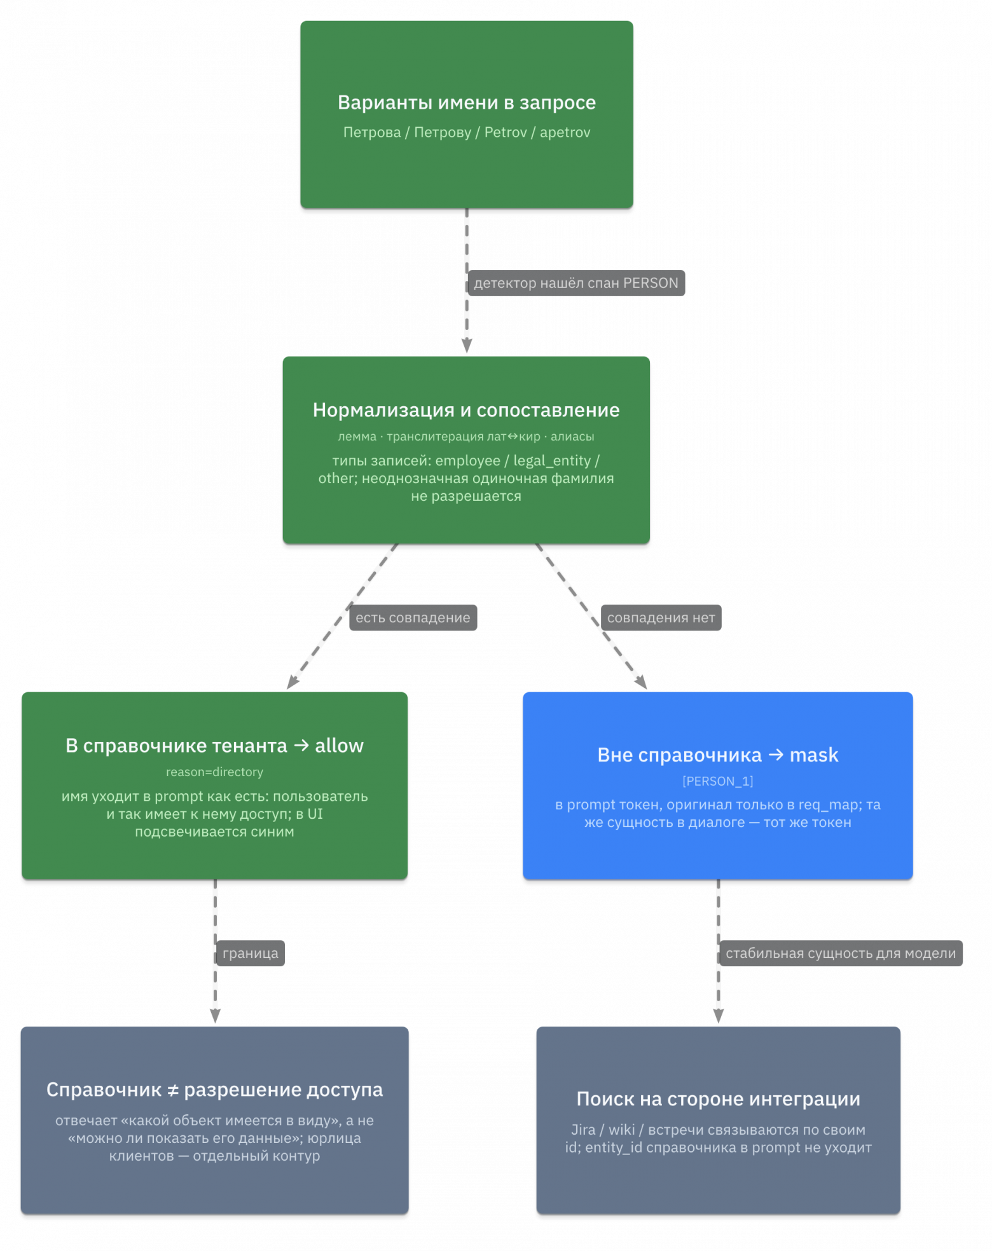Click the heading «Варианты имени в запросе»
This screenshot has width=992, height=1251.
pos(466,102)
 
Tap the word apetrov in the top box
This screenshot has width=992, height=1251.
pos(565,132)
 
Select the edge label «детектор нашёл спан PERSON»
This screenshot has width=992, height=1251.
pos(576,283)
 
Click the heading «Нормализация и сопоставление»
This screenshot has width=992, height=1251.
pos(466,410)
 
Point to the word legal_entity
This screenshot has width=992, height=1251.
pos(552,460)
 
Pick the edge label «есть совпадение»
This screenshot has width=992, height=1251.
pos(413,617)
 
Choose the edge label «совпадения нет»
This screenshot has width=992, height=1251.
pos(661,617)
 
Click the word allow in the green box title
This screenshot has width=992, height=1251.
pos(339,745)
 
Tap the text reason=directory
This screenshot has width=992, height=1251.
pos(214,772)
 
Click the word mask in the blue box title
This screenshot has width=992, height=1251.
pos(814,755)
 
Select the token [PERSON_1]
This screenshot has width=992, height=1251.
pos(718,781)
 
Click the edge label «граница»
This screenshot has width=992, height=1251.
pos(251,953)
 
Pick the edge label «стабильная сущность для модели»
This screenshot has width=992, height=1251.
pos(841,953)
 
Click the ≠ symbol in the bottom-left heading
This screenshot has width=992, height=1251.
pos(172,1090)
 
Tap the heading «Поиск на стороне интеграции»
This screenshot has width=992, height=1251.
pos(718,1098)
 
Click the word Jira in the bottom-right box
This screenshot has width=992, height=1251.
pos(583,1130)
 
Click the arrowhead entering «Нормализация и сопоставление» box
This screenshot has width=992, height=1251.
pos(467,346)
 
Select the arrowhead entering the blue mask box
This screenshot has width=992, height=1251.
pos(641,682)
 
